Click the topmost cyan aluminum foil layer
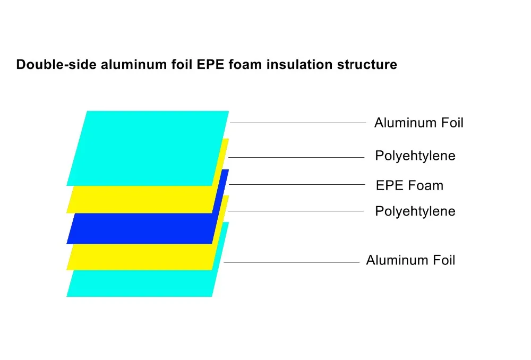pyautogui.click(x=148, y=148)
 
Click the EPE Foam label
pyautogui.click(x=409, y=186)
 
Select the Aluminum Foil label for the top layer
pyautogui.click(x=418, y=123)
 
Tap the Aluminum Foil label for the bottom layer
pyautogui.click(x=410, y=260)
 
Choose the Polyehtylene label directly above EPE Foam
pyautogui.click(x=415, y=156)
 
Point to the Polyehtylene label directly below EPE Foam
pyautogui.click(x=415, y=212)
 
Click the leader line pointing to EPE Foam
pyautogui.click(x=297, y=185)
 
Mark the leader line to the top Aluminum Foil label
pyautogui.click(x=298, y=123)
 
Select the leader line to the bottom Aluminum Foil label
pyautogui.click(x=292, y=262)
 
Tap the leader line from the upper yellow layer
pyautogui.click(x=296, y=158)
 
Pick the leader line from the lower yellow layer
pyautogui.click(x=296, y=211)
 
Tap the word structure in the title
pyautogui.click(x=367, y=64)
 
